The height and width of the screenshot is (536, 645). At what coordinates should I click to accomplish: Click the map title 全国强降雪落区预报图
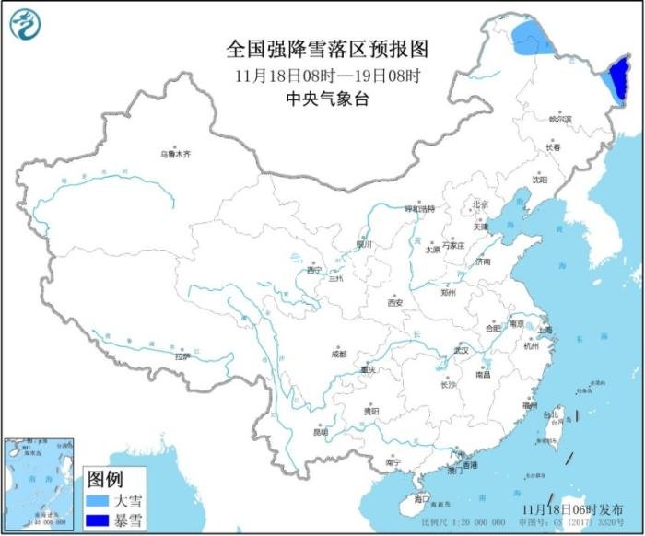(327, 48)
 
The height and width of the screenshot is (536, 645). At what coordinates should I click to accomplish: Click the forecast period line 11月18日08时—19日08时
(327, 75)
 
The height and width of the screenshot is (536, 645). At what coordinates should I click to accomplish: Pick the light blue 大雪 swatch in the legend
(98, 501)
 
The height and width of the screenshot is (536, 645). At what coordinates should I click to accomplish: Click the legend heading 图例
(105, 479)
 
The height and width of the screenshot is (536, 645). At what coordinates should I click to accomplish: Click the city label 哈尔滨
(559, 119)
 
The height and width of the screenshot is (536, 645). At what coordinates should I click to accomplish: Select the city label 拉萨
(182, 355)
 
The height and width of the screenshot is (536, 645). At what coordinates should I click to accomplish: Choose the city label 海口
(422, 499)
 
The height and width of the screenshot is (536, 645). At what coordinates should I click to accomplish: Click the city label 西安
(395, 302)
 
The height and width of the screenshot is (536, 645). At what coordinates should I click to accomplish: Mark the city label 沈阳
(539, 180)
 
